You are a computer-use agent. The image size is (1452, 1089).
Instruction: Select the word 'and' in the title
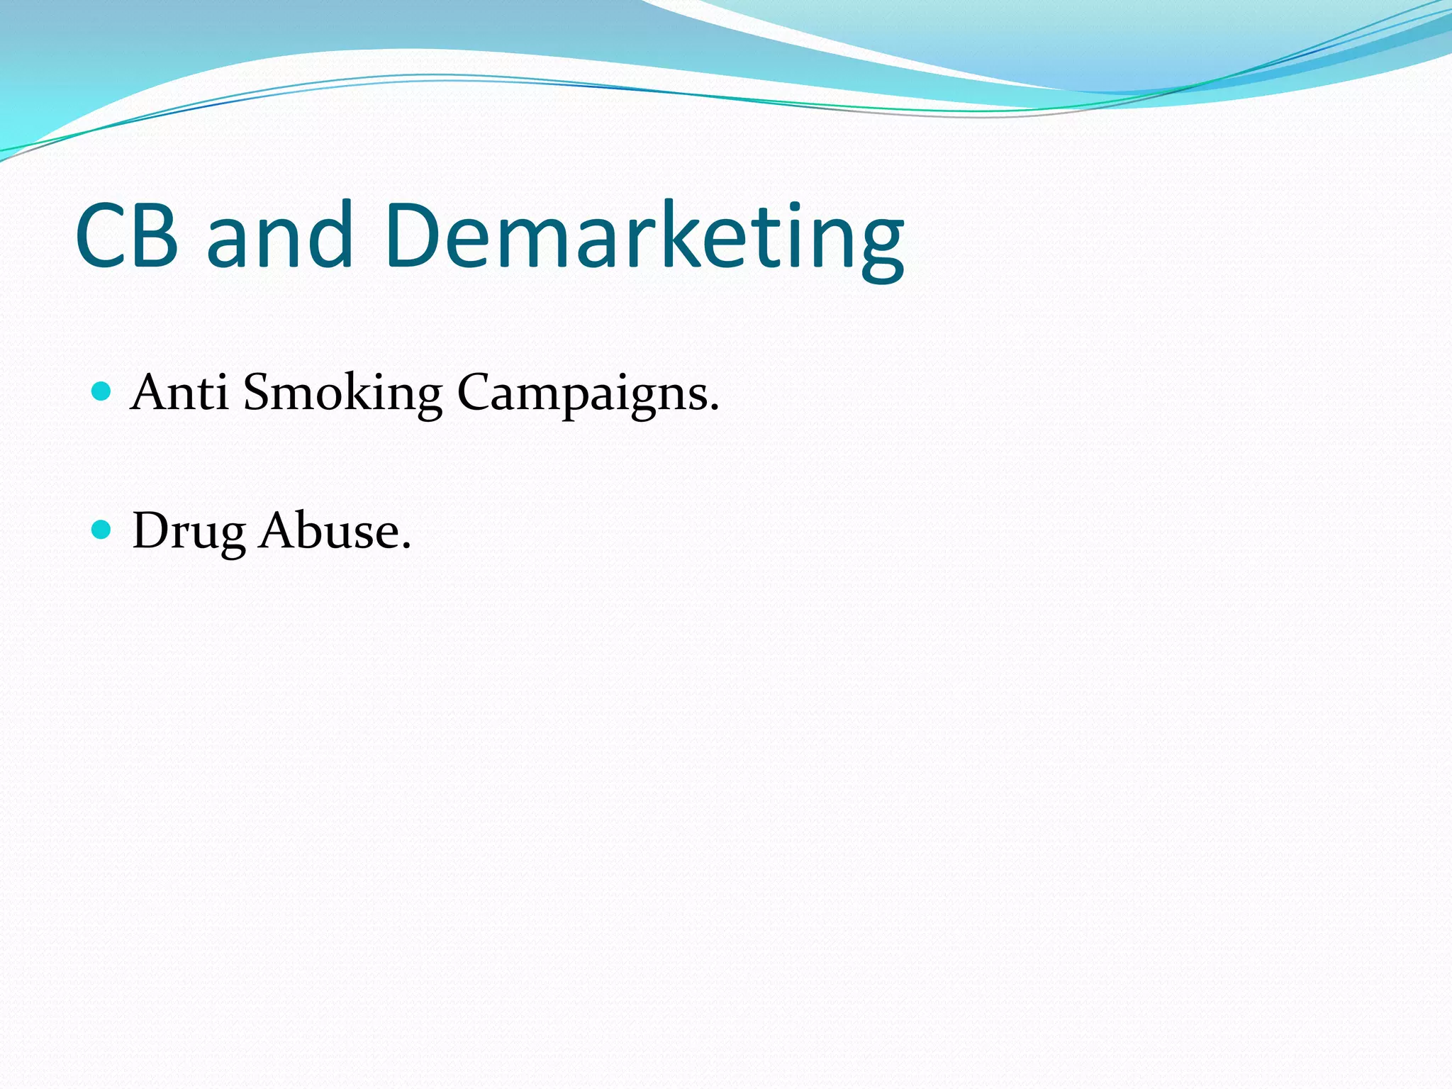pos(279,235)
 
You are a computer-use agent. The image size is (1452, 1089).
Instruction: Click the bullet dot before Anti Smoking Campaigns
pos(102,391)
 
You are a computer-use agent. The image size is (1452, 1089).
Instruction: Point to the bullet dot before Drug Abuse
pos(102,529)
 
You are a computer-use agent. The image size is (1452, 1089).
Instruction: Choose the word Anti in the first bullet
pos(179,392)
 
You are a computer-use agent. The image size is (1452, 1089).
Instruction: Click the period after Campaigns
pos(714,408)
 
